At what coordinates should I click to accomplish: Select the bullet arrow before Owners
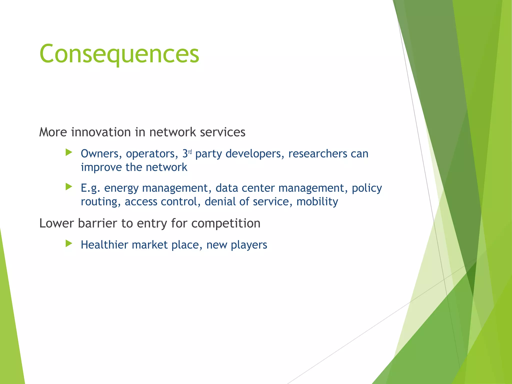69,152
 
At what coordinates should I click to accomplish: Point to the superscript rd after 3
190,152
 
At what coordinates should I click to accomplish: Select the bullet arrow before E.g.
69,186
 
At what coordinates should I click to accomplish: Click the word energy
121,188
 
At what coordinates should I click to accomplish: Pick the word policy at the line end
367,188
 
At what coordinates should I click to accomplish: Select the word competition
226,223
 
